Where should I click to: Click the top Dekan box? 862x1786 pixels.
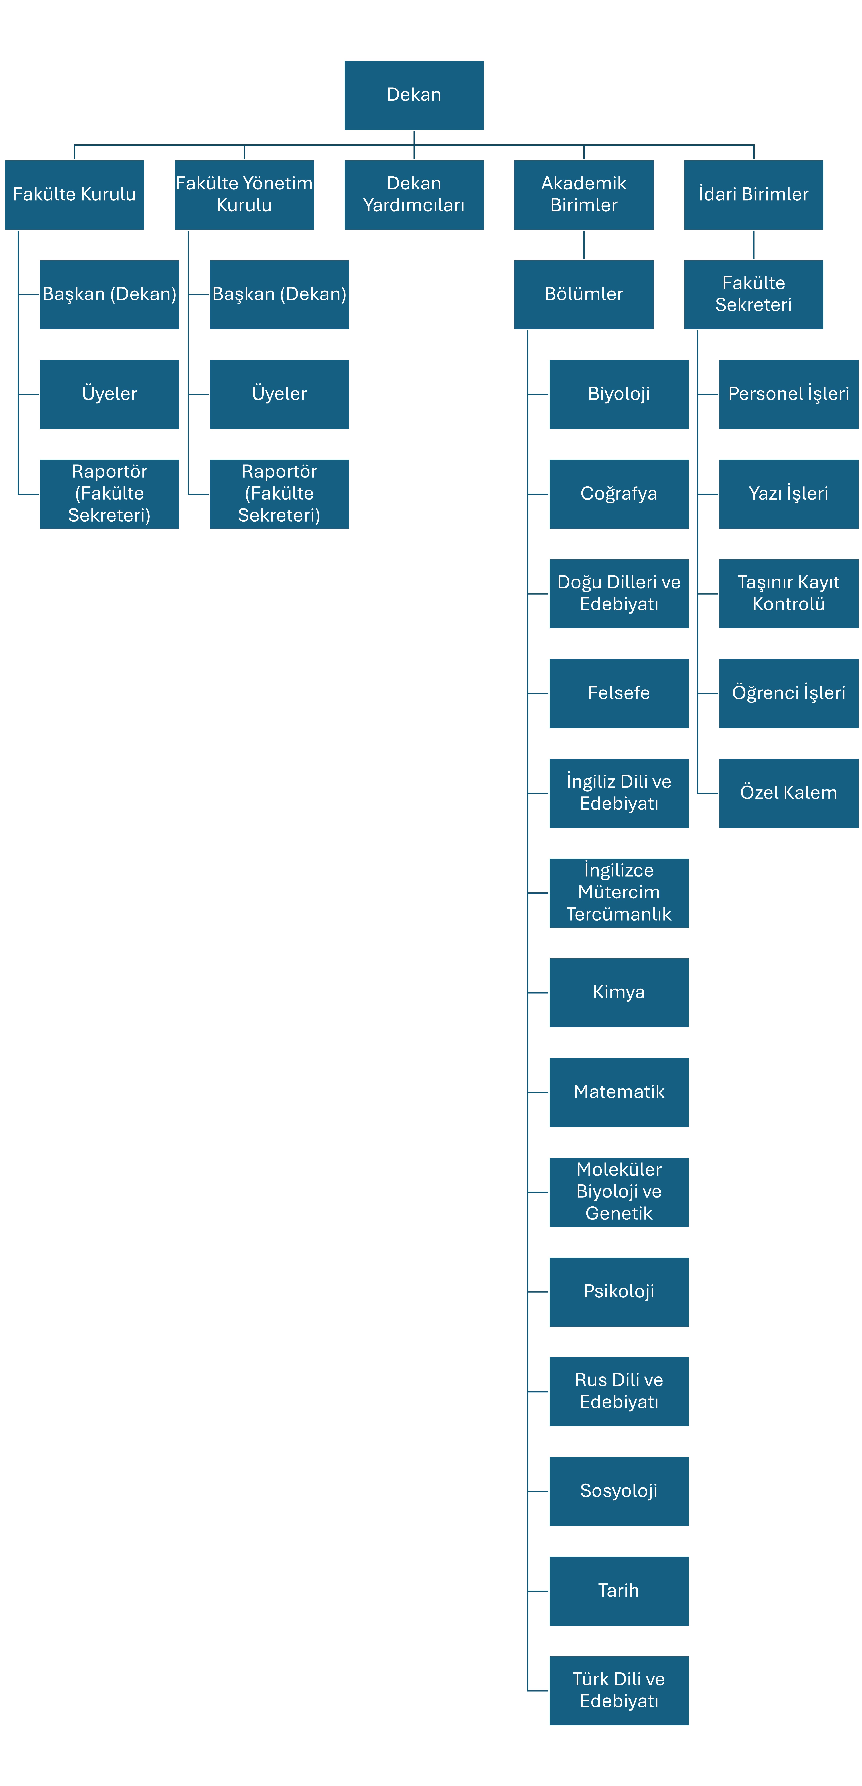click(x=414, y=95)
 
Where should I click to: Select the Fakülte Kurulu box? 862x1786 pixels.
click(x=74, y=195)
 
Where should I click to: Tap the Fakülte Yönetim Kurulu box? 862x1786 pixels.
click(x=244, y=195)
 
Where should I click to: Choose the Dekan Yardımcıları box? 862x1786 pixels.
click(x=414, y=195)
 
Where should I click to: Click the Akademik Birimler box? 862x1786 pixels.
click(x=583, y=195)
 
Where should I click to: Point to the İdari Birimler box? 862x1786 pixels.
click(x=753, y=195)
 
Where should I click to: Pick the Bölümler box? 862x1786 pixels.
click(x=583, y=295)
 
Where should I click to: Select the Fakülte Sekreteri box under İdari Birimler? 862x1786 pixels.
click(x=753, y=295)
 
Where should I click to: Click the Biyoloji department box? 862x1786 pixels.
click(x=619, y=395)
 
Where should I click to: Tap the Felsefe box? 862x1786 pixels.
click(x=619, y=693)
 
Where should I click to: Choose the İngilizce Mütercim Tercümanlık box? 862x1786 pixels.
click(x=619, y=893)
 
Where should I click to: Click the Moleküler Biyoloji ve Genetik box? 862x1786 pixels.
click(x=619, y=1192)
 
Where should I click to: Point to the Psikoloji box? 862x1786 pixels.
click(x=619, y=1292)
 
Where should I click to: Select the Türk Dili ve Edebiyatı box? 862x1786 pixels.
click(x=619, y=1690)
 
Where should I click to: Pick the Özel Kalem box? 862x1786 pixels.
click(x=789, y=793)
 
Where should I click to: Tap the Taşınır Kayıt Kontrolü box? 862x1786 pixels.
click(x=789, y=594)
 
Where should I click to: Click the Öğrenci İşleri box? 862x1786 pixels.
click(x=789, y=693)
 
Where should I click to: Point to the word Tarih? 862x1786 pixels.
click(x=619, y=1591)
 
